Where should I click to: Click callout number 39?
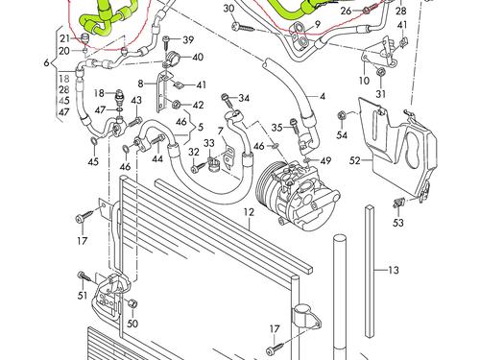(x=188, y=39)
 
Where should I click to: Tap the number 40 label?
(x=198, y=58)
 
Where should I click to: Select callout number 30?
(x=228, y=10)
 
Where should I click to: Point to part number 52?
(x=354, y=162)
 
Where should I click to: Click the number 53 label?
(x=397, y=223)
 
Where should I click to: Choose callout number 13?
(x=393, y=272)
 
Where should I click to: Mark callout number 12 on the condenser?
(x=247, y=210)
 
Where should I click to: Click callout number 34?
(x=244, y=98)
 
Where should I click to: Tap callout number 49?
(x=326, y=160)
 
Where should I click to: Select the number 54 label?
(x=341, y=115)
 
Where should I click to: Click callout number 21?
(x=64, y=37)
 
